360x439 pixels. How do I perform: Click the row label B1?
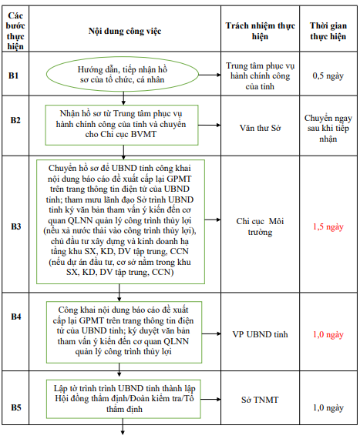pyautogui.click(x=15, y=75)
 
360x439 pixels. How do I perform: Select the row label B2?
pyautogui.click(x=15, y=120)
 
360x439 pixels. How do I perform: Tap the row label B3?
pyautogui.click(x=15, y=226)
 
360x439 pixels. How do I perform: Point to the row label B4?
pyautogui.click(x=15, y=317)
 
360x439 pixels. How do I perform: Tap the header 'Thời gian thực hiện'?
pyautogui.click(x=327, y=29)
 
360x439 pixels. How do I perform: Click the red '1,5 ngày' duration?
pyautogui.click(x=327, y=227)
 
